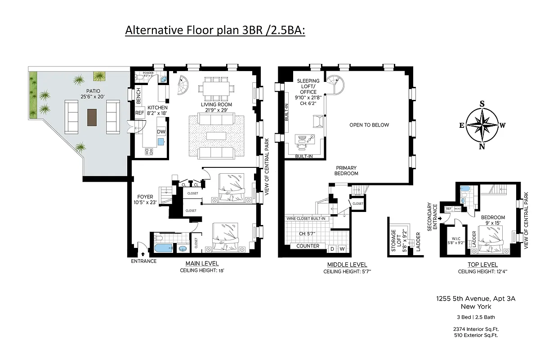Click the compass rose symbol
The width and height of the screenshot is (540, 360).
[x=482, y=125]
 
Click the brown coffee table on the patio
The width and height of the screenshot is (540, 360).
[x=92, y=117]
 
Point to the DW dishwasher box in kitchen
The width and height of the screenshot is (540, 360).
[x=161, y=131]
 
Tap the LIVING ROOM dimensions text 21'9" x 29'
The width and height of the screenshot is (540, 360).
[x=217, y=110]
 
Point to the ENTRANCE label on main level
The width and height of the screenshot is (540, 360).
[x=144, y=261]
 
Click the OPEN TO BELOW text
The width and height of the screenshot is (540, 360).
[x=369, y=125]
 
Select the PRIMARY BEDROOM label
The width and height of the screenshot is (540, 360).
[x=346, y=170]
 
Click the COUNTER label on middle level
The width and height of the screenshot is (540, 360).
[x=308, y=246]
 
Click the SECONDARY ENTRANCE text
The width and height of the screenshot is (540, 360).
[x=432, y=216]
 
